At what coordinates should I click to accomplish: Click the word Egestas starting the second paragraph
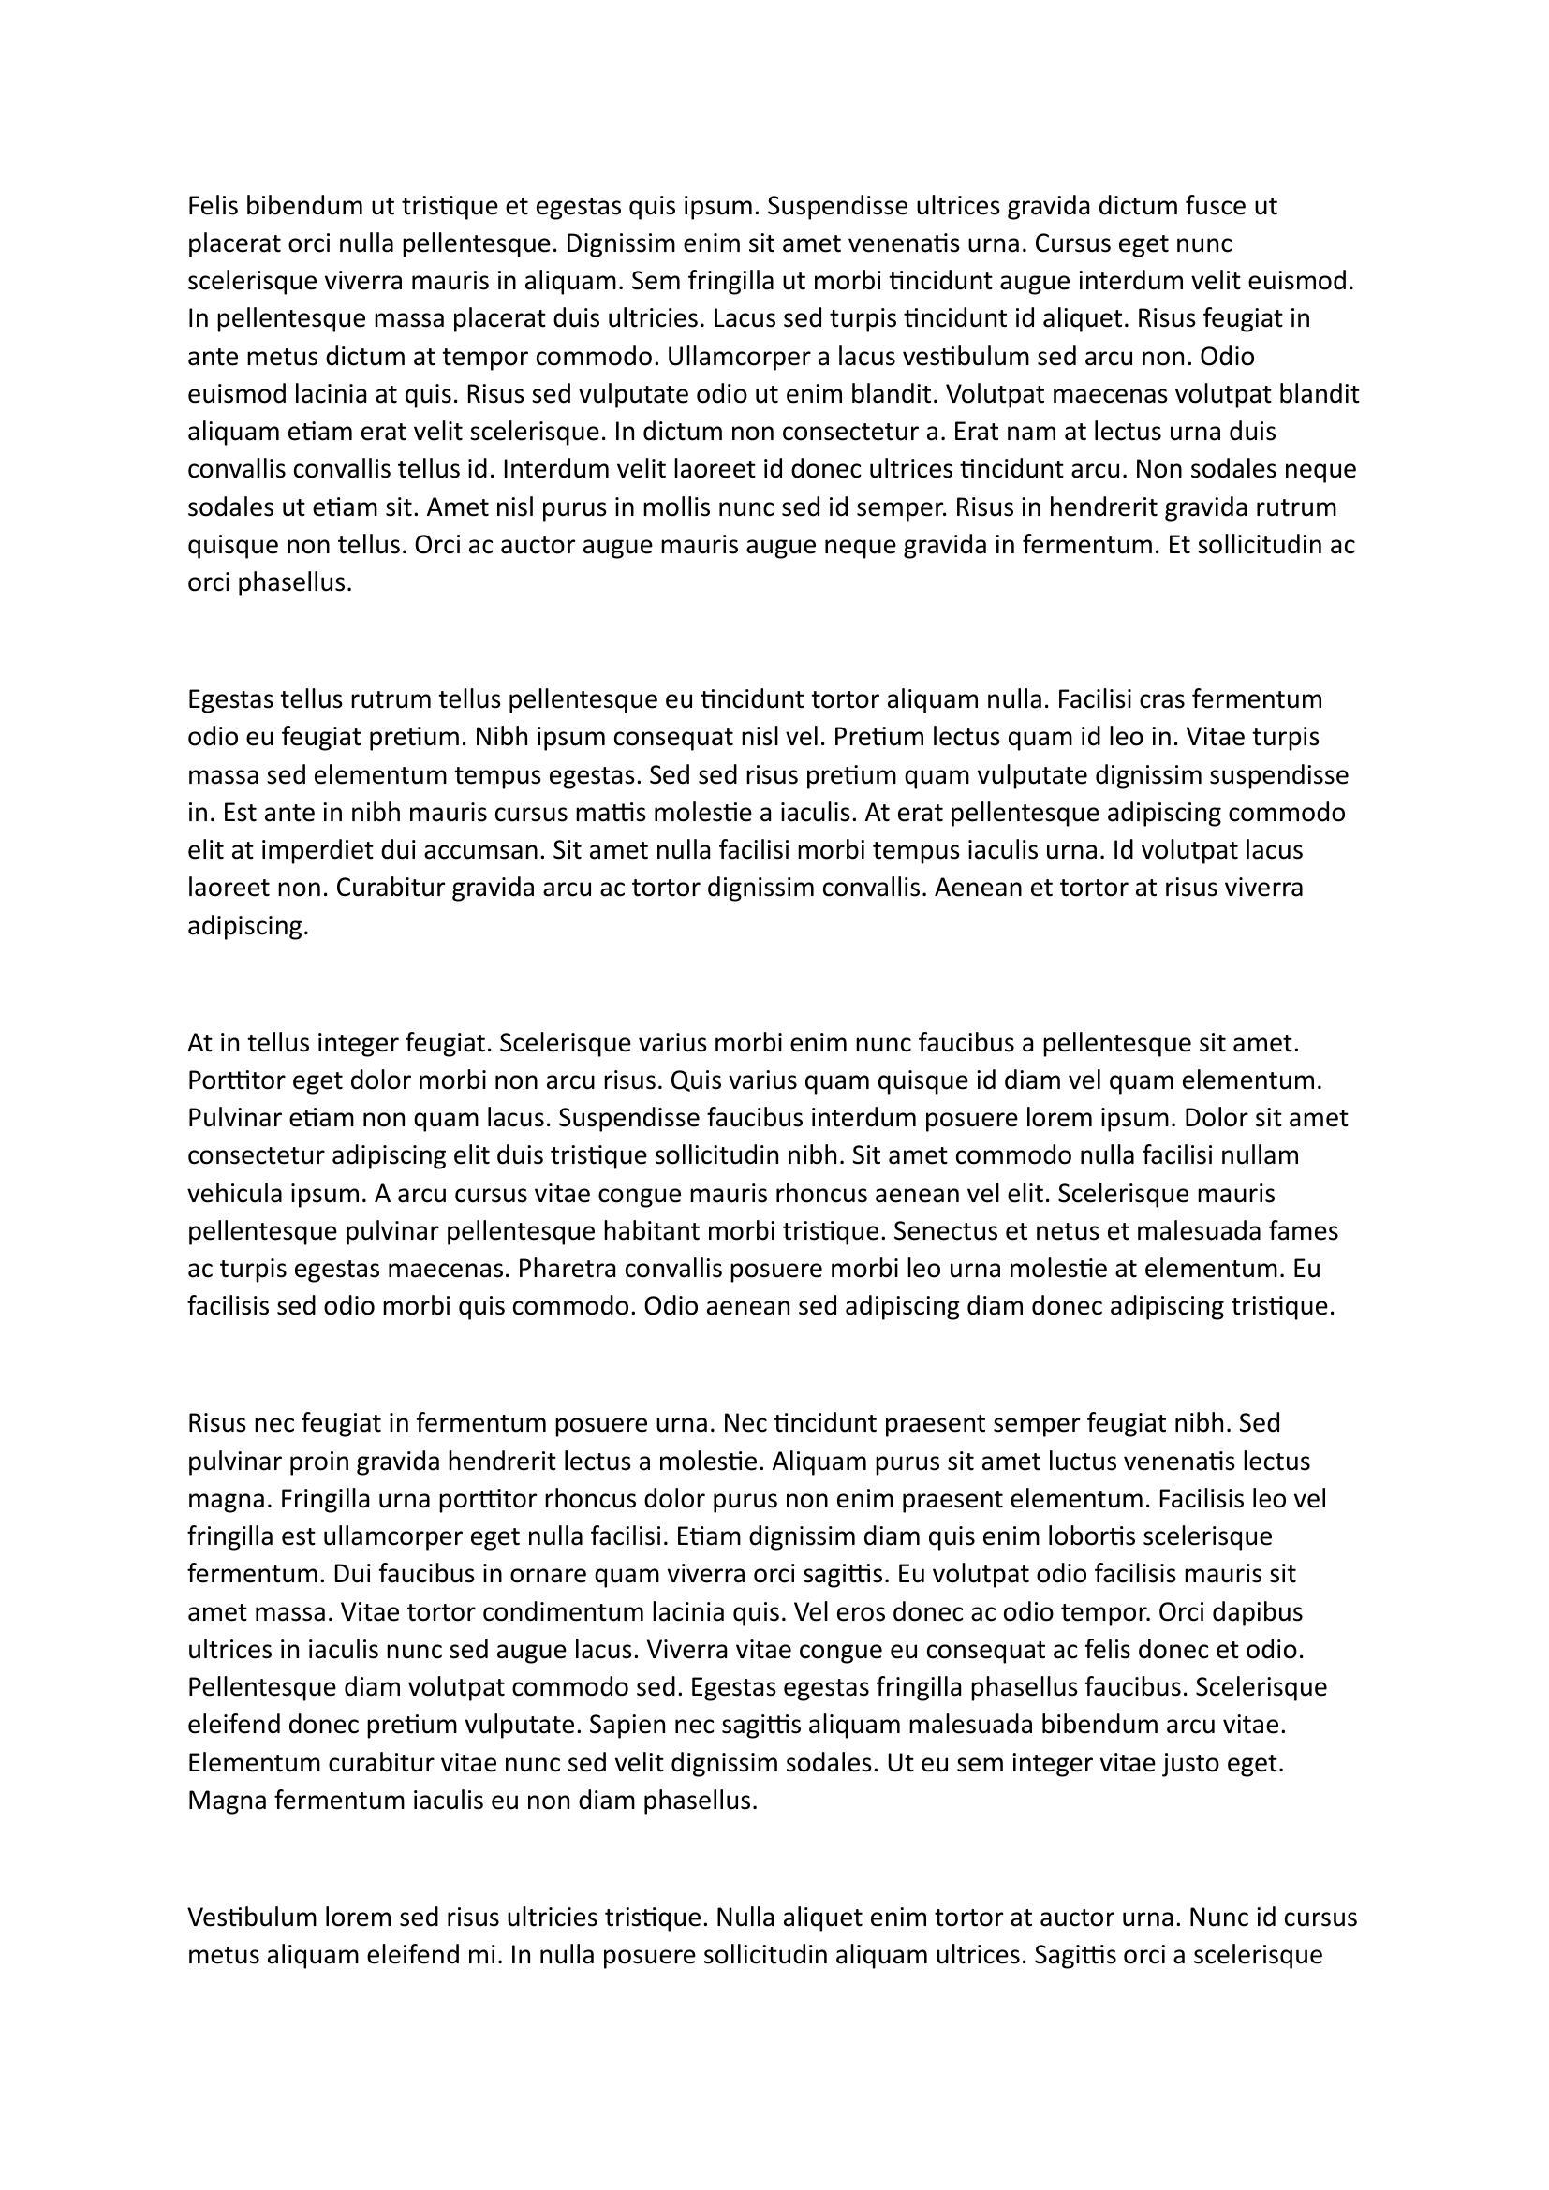[x=230, y=699]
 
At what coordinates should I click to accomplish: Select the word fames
[x=1304, y=1230]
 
